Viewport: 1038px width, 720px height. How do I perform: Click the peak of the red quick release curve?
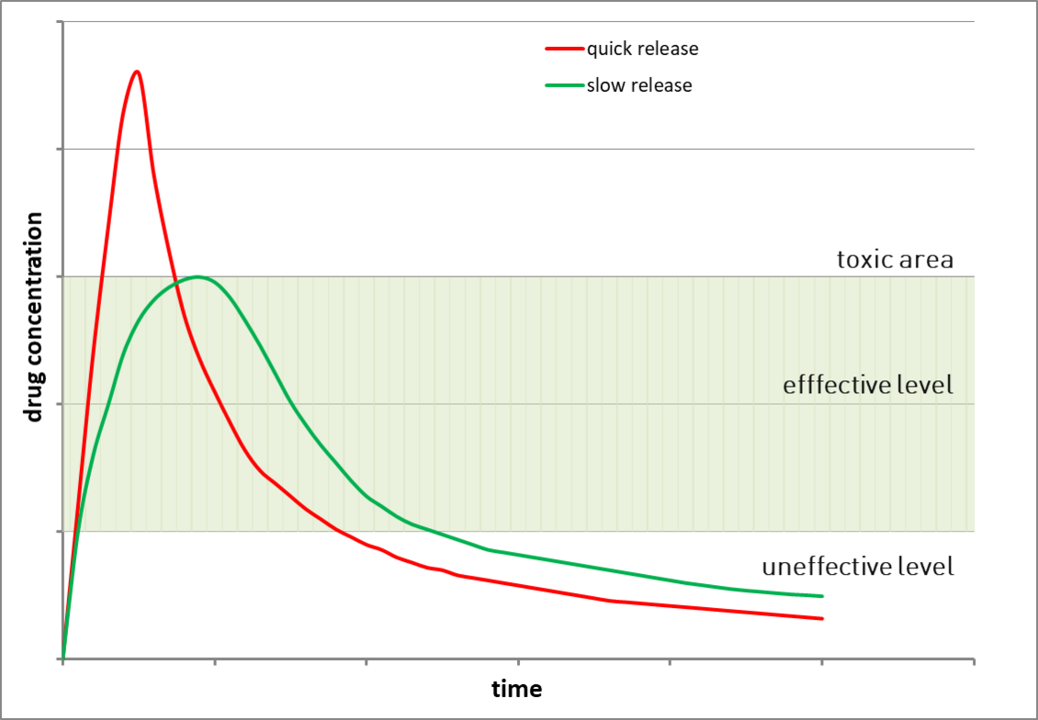[137, 71]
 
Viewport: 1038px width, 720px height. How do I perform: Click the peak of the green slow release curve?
[197, 276]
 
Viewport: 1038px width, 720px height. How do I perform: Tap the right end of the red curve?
[822, 618]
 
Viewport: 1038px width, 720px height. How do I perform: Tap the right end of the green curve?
[822, 596]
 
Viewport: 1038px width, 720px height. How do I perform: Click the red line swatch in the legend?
[564, 49]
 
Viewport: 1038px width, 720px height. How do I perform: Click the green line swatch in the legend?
[564, 86]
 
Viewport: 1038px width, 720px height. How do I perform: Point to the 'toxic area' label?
[895, 259]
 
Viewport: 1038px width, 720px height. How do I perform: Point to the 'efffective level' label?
[868, 385]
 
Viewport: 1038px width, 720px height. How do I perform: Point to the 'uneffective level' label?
[858, 567]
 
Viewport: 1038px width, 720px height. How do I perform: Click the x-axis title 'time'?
[516, 689]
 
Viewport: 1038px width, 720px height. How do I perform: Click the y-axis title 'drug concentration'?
[34, 317]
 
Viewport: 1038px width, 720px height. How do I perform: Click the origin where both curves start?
[62, 658]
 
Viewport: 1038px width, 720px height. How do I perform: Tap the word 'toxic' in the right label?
[863, 259]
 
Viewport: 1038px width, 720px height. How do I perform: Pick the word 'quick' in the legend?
[608, 49]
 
